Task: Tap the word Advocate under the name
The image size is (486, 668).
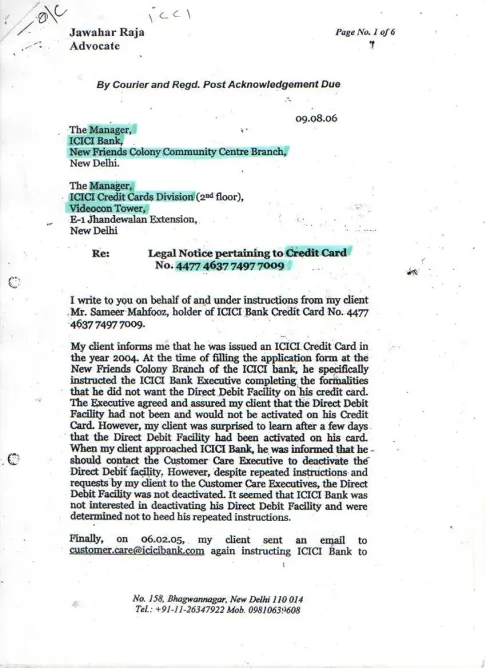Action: coord(94,46)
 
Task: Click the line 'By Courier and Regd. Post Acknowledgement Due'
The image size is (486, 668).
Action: coord(218,85)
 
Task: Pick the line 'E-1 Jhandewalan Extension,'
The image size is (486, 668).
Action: coord(133,219)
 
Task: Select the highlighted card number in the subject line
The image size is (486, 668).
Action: coord(230,267)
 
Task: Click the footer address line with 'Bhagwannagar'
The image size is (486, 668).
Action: coord(219,599)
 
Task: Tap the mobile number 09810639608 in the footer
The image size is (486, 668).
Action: coord(272,610)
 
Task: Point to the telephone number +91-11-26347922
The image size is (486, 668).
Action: coord(189,610)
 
